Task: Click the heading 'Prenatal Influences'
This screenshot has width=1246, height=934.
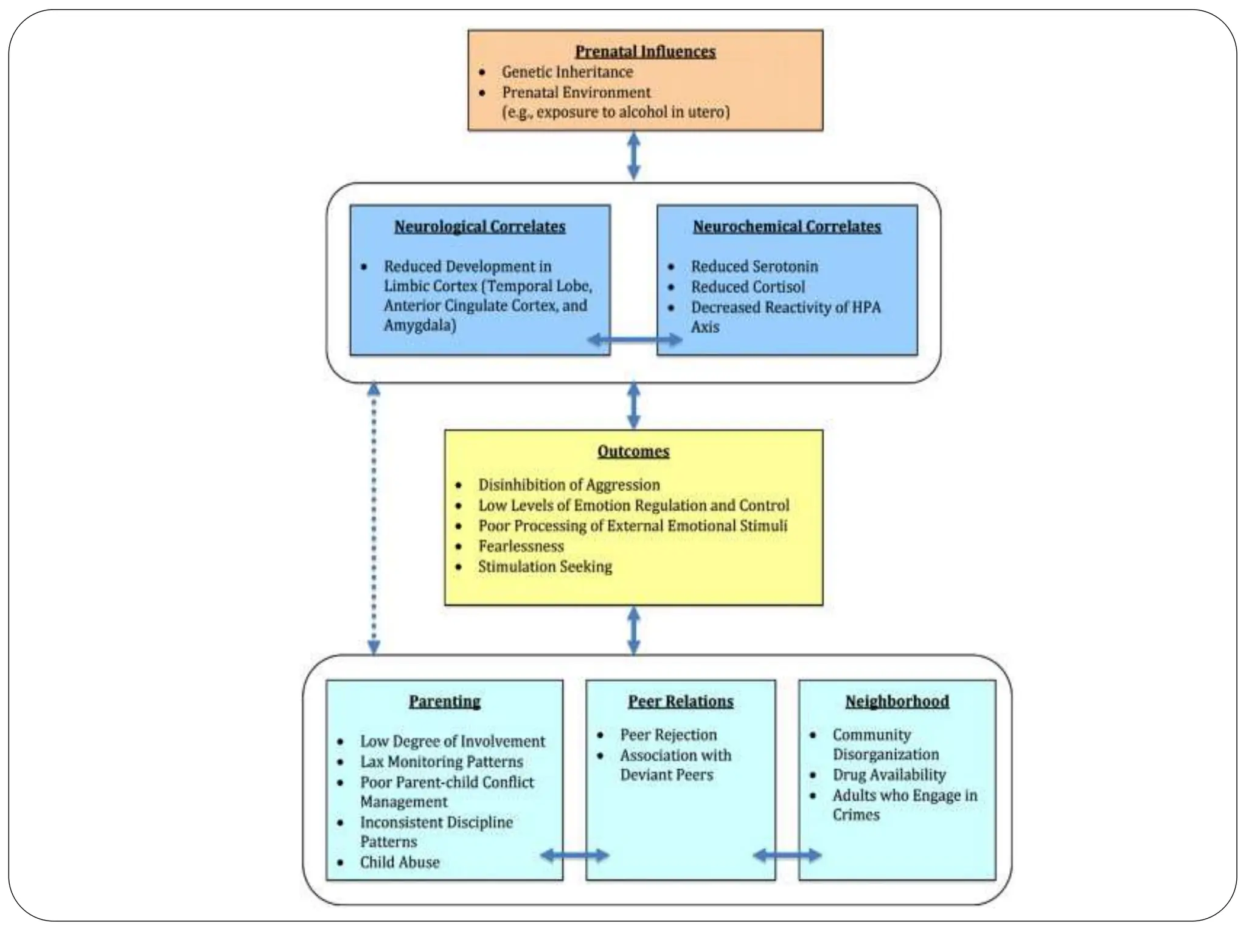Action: pos(646,52)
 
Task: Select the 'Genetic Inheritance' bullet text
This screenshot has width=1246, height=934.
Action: pos(567,72)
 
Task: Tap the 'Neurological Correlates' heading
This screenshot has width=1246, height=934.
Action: pos(480,227)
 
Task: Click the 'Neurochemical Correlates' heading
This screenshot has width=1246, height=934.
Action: pos(787,227)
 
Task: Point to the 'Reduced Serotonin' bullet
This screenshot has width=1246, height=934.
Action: pos(754,266)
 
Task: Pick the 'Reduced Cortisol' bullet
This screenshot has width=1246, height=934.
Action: pos(748,286)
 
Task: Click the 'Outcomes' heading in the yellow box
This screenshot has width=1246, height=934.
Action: pos(633,451)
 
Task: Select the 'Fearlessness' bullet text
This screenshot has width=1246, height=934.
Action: pos(521,546)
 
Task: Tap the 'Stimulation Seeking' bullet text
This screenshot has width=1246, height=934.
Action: pos(545,567)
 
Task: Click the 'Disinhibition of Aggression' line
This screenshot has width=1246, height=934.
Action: pos(569,485)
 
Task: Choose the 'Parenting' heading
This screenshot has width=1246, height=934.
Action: pos(445,701)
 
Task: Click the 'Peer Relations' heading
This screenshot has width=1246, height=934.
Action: pos(681,701)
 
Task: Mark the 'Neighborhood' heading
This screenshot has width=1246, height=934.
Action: pos(897,701)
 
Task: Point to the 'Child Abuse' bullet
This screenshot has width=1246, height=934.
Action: pos(400,862)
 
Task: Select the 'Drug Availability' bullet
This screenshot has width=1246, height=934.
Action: pos(889,775)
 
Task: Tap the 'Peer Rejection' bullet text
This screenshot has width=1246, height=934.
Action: pos(669,735)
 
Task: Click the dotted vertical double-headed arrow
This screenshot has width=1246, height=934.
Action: pos(374,518)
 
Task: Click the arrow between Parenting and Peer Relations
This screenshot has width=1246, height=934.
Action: pos(574,856)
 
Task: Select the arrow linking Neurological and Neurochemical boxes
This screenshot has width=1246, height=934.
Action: pos(635,339)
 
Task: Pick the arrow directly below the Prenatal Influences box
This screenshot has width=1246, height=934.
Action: pos(633,156)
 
